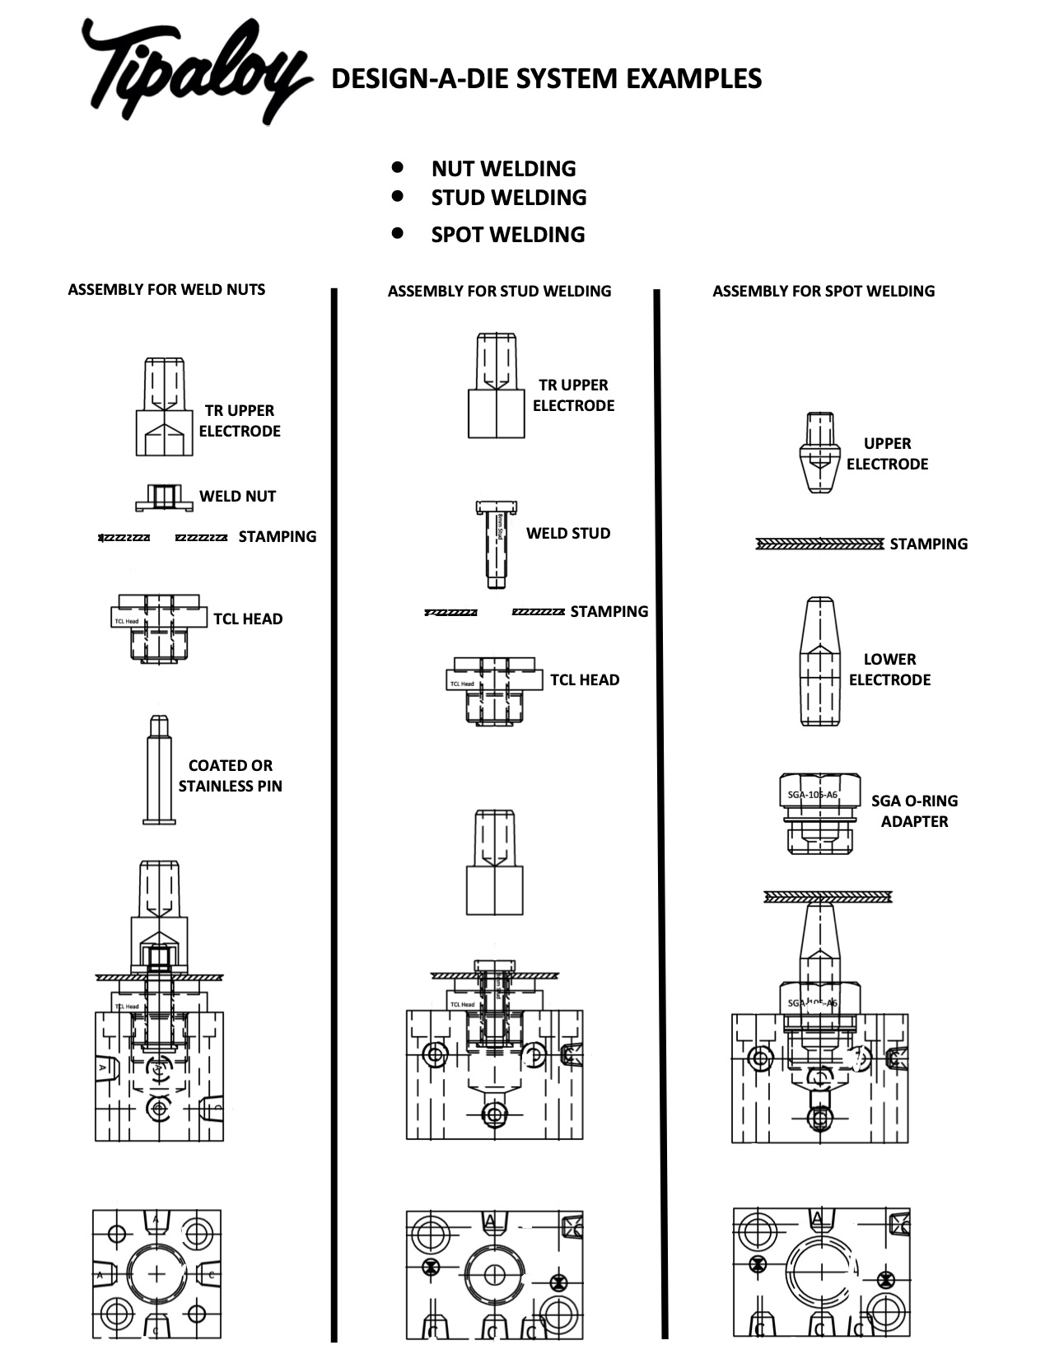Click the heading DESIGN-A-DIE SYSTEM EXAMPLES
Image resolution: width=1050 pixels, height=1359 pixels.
[546, 79]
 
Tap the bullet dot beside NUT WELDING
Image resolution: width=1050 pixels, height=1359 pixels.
[398, 167]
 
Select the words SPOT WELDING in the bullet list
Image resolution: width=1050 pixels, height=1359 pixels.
[507, 235]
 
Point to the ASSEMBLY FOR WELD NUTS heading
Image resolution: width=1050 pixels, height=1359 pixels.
[166, 290]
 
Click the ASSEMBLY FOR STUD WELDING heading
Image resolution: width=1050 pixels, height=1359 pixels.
[499, 292]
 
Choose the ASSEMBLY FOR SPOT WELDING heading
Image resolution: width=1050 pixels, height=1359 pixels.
[824, 292]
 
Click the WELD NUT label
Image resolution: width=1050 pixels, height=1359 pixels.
[237, 497]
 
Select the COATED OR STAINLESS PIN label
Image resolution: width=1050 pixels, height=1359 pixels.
[231, 776]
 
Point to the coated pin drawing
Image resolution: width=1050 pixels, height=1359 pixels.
[159, 769]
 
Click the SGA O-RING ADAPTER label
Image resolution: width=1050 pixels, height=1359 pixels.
[914, 811]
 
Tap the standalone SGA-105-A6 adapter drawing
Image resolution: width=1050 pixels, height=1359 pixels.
[819, 813]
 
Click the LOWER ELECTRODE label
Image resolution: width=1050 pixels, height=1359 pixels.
[889, 670]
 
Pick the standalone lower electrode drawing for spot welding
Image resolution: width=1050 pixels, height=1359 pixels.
[820, 661]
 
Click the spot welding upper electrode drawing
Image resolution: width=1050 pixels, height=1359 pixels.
[820, 452]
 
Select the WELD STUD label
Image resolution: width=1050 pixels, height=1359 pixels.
[568, 534]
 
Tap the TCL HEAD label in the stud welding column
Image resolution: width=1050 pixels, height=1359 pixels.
[585, 680]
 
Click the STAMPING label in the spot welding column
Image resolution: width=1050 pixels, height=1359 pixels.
[928, 544]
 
